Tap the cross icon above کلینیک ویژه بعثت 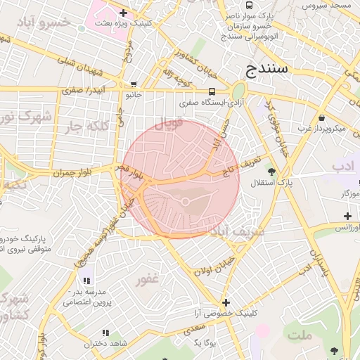pos(124,13)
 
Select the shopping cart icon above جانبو pos(134,84)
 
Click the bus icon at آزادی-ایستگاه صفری pos(212,91)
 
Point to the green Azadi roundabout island pos(238,91)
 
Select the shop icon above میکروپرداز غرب pos(321,117)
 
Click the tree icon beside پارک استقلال pos(271,172)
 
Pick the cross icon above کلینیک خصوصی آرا pos(225,302)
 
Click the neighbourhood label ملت pos(300,335)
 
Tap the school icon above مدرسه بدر pos(86,281)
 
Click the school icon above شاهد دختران pos(105,333)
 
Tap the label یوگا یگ pos(202,342)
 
